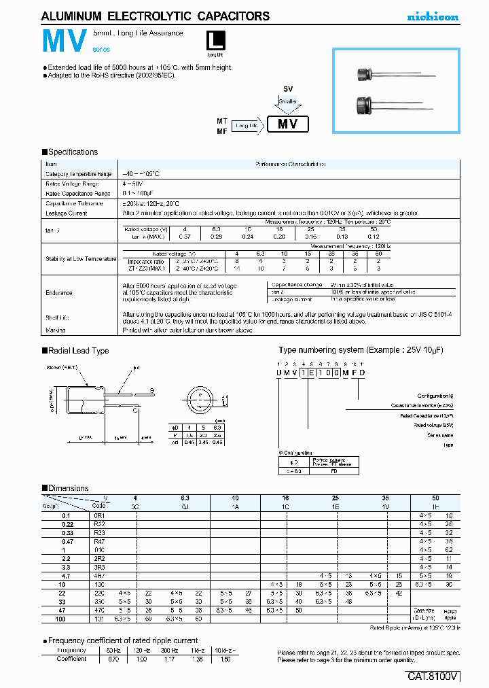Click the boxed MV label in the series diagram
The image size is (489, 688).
(x=288, y=124)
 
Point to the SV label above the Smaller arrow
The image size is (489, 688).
(x=288, y=90)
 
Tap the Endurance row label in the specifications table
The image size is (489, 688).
(x=59, y=292)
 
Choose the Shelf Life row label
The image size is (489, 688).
(x=58, y=317)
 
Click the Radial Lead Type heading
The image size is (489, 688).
(x=78, y=351)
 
